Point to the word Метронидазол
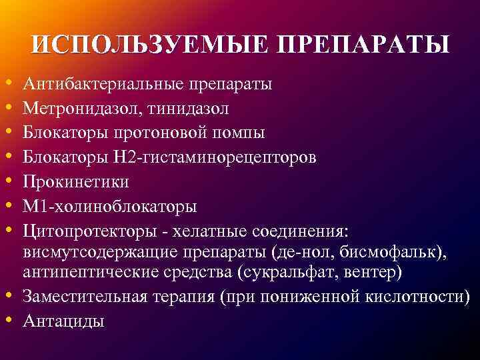pyautogui.click(x=77, y=109)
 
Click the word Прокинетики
pyautogui.click(x=75, y=181)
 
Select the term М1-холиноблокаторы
pyautogui.click(x=109, y=205)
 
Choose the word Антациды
pyautogui.click(x=63, y=321)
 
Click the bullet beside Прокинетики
pyautogui.click(x=9, y=181)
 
